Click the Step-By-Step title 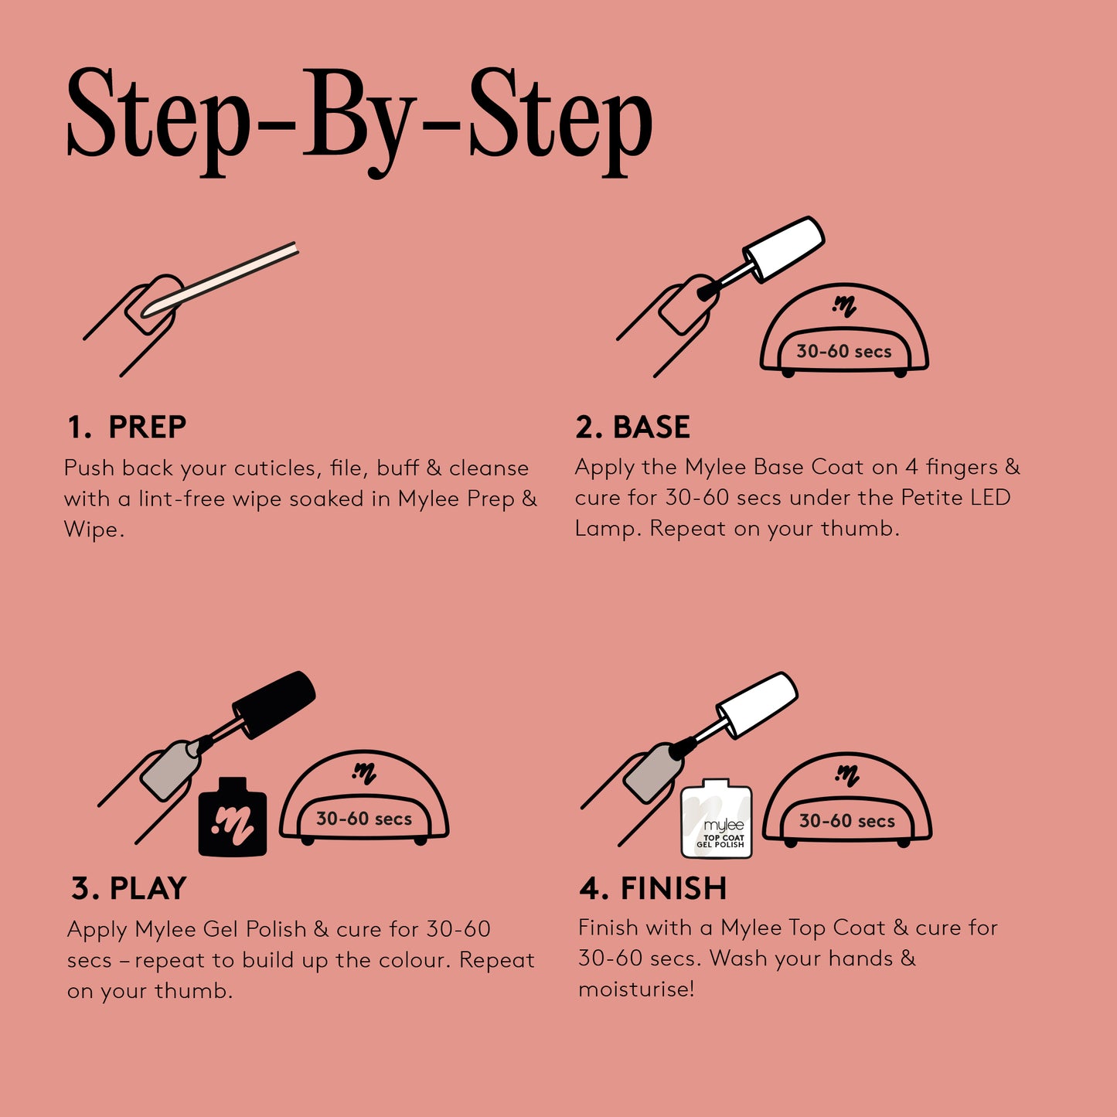click(x=360, y=121)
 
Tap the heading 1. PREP click(x=127, y=427)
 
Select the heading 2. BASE click(x=632, y=427)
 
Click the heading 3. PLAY click(x=128, y=889)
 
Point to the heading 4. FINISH click(x=652, y=889)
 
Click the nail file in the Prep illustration click(x=220, y=279)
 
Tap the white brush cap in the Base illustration click(x=784, y=250)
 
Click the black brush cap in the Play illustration click(x=274, y=704)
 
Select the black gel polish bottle click(x=233, y=817)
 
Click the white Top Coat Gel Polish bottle click(x=717, y=818)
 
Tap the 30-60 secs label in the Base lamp click(x=844, y=351)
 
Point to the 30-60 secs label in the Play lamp click(x=364, y=819)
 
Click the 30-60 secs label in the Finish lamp click(x=847, y=821)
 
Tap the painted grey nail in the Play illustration click(x=170, y=771)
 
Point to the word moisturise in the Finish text click(x=636, y=989)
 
